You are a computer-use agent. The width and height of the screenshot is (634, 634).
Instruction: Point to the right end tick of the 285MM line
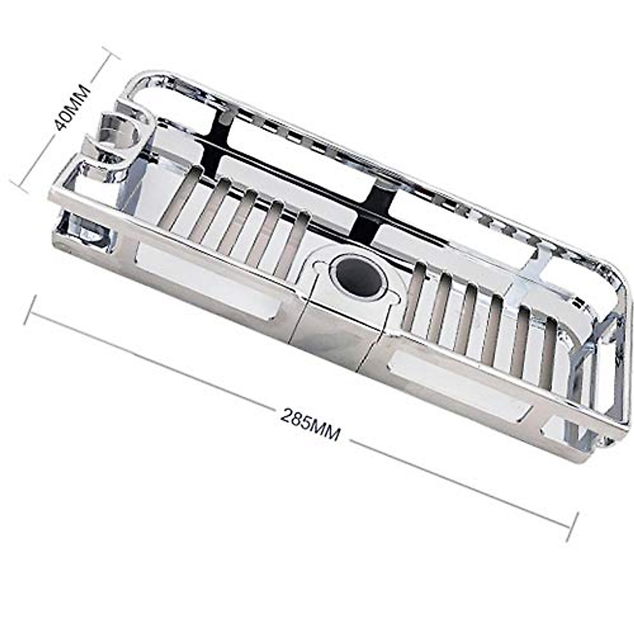pos(572,527)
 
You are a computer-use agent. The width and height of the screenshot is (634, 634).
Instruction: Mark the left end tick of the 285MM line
pos(31,310)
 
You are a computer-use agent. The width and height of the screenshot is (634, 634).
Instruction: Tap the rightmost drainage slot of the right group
pos(548,351)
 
